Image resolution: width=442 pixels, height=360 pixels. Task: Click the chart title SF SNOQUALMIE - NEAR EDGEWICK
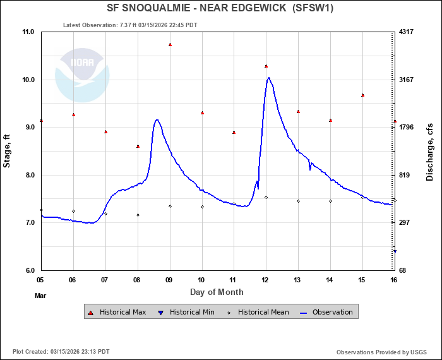coord(220,8)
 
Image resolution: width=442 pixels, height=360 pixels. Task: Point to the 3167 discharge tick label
coord(407,80)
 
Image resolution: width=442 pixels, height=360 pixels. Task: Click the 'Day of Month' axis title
coord(217,292)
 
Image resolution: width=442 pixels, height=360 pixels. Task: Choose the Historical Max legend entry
coord(119,312)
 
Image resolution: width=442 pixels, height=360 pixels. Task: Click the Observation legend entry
coord(326,312)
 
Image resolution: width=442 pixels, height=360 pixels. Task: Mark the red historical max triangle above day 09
coord(170,45)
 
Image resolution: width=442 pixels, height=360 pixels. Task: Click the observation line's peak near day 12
coord(268,78)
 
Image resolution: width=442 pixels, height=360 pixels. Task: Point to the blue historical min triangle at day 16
coord(395,251)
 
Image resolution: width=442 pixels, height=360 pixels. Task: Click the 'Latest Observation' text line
coord(130,25)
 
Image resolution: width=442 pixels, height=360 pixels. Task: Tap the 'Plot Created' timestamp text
coord(61,352)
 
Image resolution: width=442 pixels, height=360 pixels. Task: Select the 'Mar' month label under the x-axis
coord(40,295)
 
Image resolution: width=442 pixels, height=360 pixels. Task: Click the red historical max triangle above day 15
coord(362,95)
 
